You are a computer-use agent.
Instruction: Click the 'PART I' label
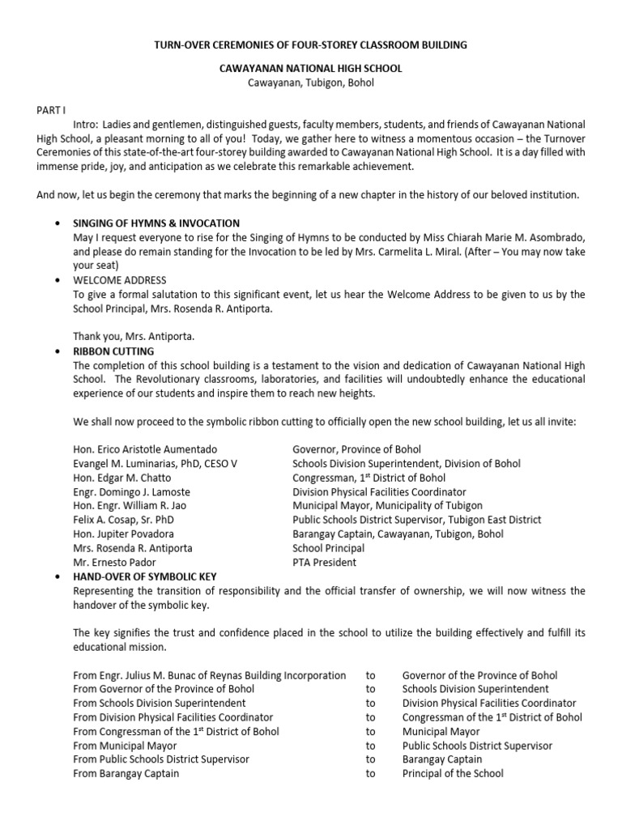pos(50,108)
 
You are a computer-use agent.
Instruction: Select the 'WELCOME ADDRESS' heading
pos(116,280)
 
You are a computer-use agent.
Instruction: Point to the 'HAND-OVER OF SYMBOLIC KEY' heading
pos(146,577)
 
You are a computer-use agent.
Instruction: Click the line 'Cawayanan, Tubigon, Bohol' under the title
pos(311,83)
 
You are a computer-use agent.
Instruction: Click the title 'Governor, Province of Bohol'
pos(356,449)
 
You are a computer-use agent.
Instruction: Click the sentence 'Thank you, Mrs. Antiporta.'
pos(135,337)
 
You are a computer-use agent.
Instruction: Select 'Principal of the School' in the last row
pos(453,773)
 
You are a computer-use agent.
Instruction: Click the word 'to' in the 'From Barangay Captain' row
pos(371,773)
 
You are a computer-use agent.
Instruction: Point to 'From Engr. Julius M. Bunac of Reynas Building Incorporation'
pos(210,675)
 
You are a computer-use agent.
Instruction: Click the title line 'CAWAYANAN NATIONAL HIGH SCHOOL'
pos(311,70)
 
